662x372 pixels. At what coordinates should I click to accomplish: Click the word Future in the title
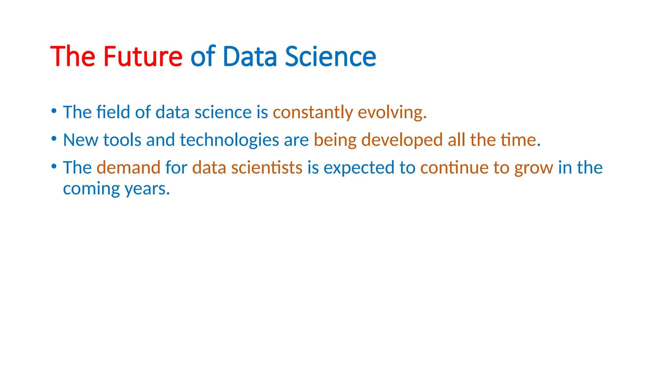tap(143, 57)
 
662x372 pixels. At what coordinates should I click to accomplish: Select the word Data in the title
tap(250, 57)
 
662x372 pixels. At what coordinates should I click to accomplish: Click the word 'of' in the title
tap(203, 57)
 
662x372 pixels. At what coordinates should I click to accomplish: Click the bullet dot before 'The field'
tap(54, 111)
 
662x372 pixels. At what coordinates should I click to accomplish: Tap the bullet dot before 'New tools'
tap(54, 139)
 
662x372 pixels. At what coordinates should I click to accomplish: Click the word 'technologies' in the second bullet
tap(230, 140)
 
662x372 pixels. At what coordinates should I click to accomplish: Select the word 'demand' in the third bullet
tap(129, 168)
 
